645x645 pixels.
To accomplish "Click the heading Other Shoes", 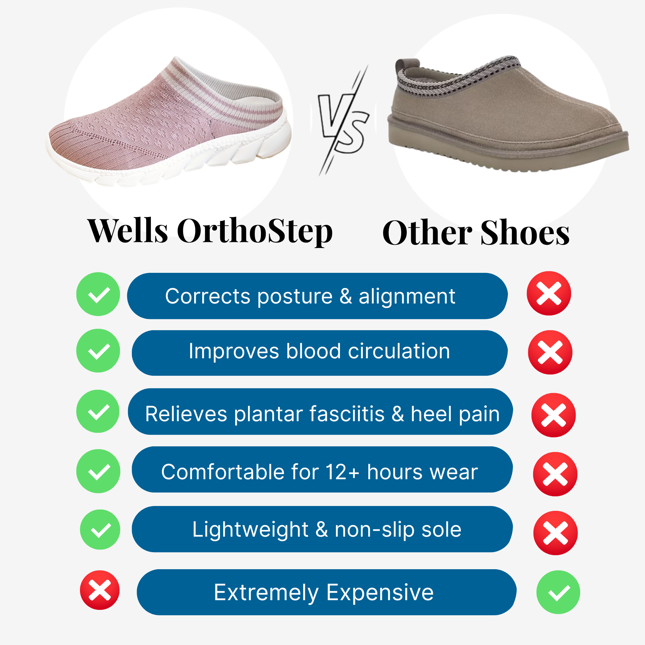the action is [476, 233].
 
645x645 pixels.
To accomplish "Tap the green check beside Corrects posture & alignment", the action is [98, 294].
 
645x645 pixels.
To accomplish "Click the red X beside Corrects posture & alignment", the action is [549, 293].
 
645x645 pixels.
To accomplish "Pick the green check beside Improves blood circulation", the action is [98, 351].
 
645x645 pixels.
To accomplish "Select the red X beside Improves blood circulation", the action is [550, 352].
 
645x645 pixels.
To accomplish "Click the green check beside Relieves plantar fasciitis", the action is [98, 411].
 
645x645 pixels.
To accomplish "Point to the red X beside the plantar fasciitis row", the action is [553, 415].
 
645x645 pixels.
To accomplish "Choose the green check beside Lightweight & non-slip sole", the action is [100, 530].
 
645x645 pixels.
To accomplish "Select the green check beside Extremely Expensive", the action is [558, 592].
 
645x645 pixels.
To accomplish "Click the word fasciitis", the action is [347, 414].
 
